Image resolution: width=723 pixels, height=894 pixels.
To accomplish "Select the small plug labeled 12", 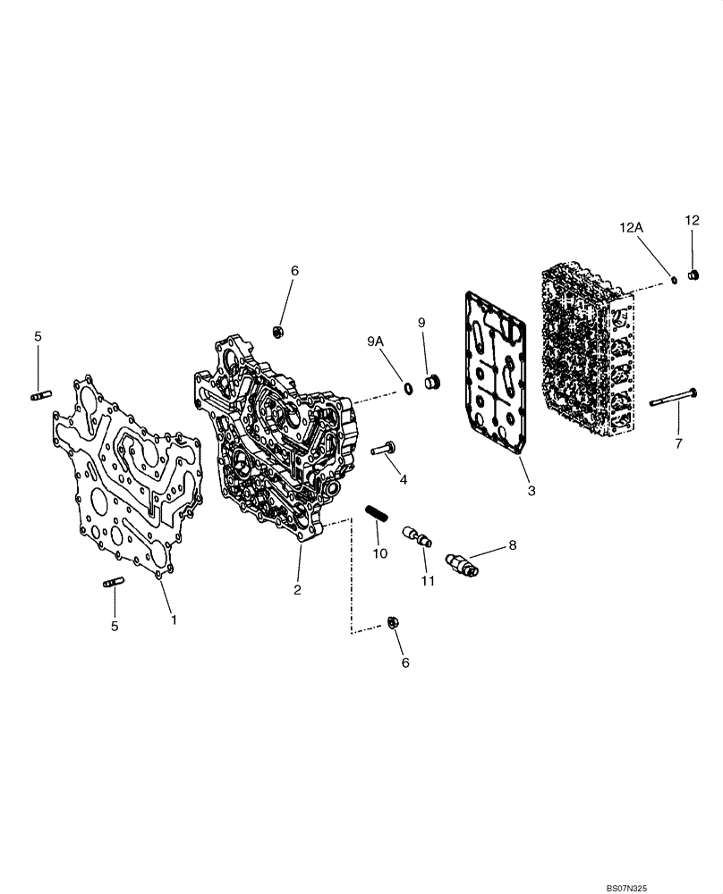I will [x=693, y=275].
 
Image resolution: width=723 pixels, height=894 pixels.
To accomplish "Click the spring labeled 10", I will [x=376, y=516].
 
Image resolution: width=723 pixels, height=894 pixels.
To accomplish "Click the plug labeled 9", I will [x=432, y=383].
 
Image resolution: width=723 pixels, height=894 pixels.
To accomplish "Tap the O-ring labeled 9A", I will [x=407, y=387].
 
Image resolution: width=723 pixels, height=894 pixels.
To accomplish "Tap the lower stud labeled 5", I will [x=113, y=584].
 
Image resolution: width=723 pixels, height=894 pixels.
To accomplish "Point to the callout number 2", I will [x=298, y=589].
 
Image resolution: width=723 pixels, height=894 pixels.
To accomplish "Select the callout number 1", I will [x=174, y=619].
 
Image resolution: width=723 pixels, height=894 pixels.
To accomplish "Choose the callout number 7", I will [x=678, y=443].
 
